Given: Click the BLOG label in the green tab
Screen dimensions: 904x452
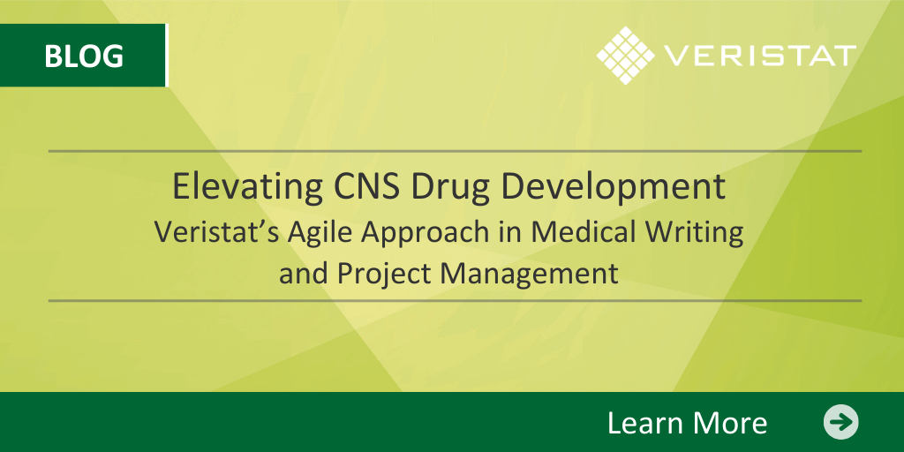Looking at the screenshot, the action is click(x=84, y=56).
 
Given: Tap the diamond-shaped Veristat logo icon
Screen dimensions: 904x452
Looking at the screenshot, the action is click(x=626, y=56).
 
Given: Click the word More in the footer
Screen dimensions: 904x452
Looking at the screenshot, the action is click(x=727, y=423).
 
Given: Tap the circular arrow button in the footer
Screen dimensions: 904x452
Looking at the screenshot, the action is click(x=841, y=422).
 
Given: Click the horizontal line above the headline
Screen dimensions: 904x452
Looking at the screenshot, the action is click(x=455, y=151).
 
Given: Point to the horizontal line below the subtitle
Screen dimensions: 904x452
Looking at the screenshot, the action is click(x=455, y=300).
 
